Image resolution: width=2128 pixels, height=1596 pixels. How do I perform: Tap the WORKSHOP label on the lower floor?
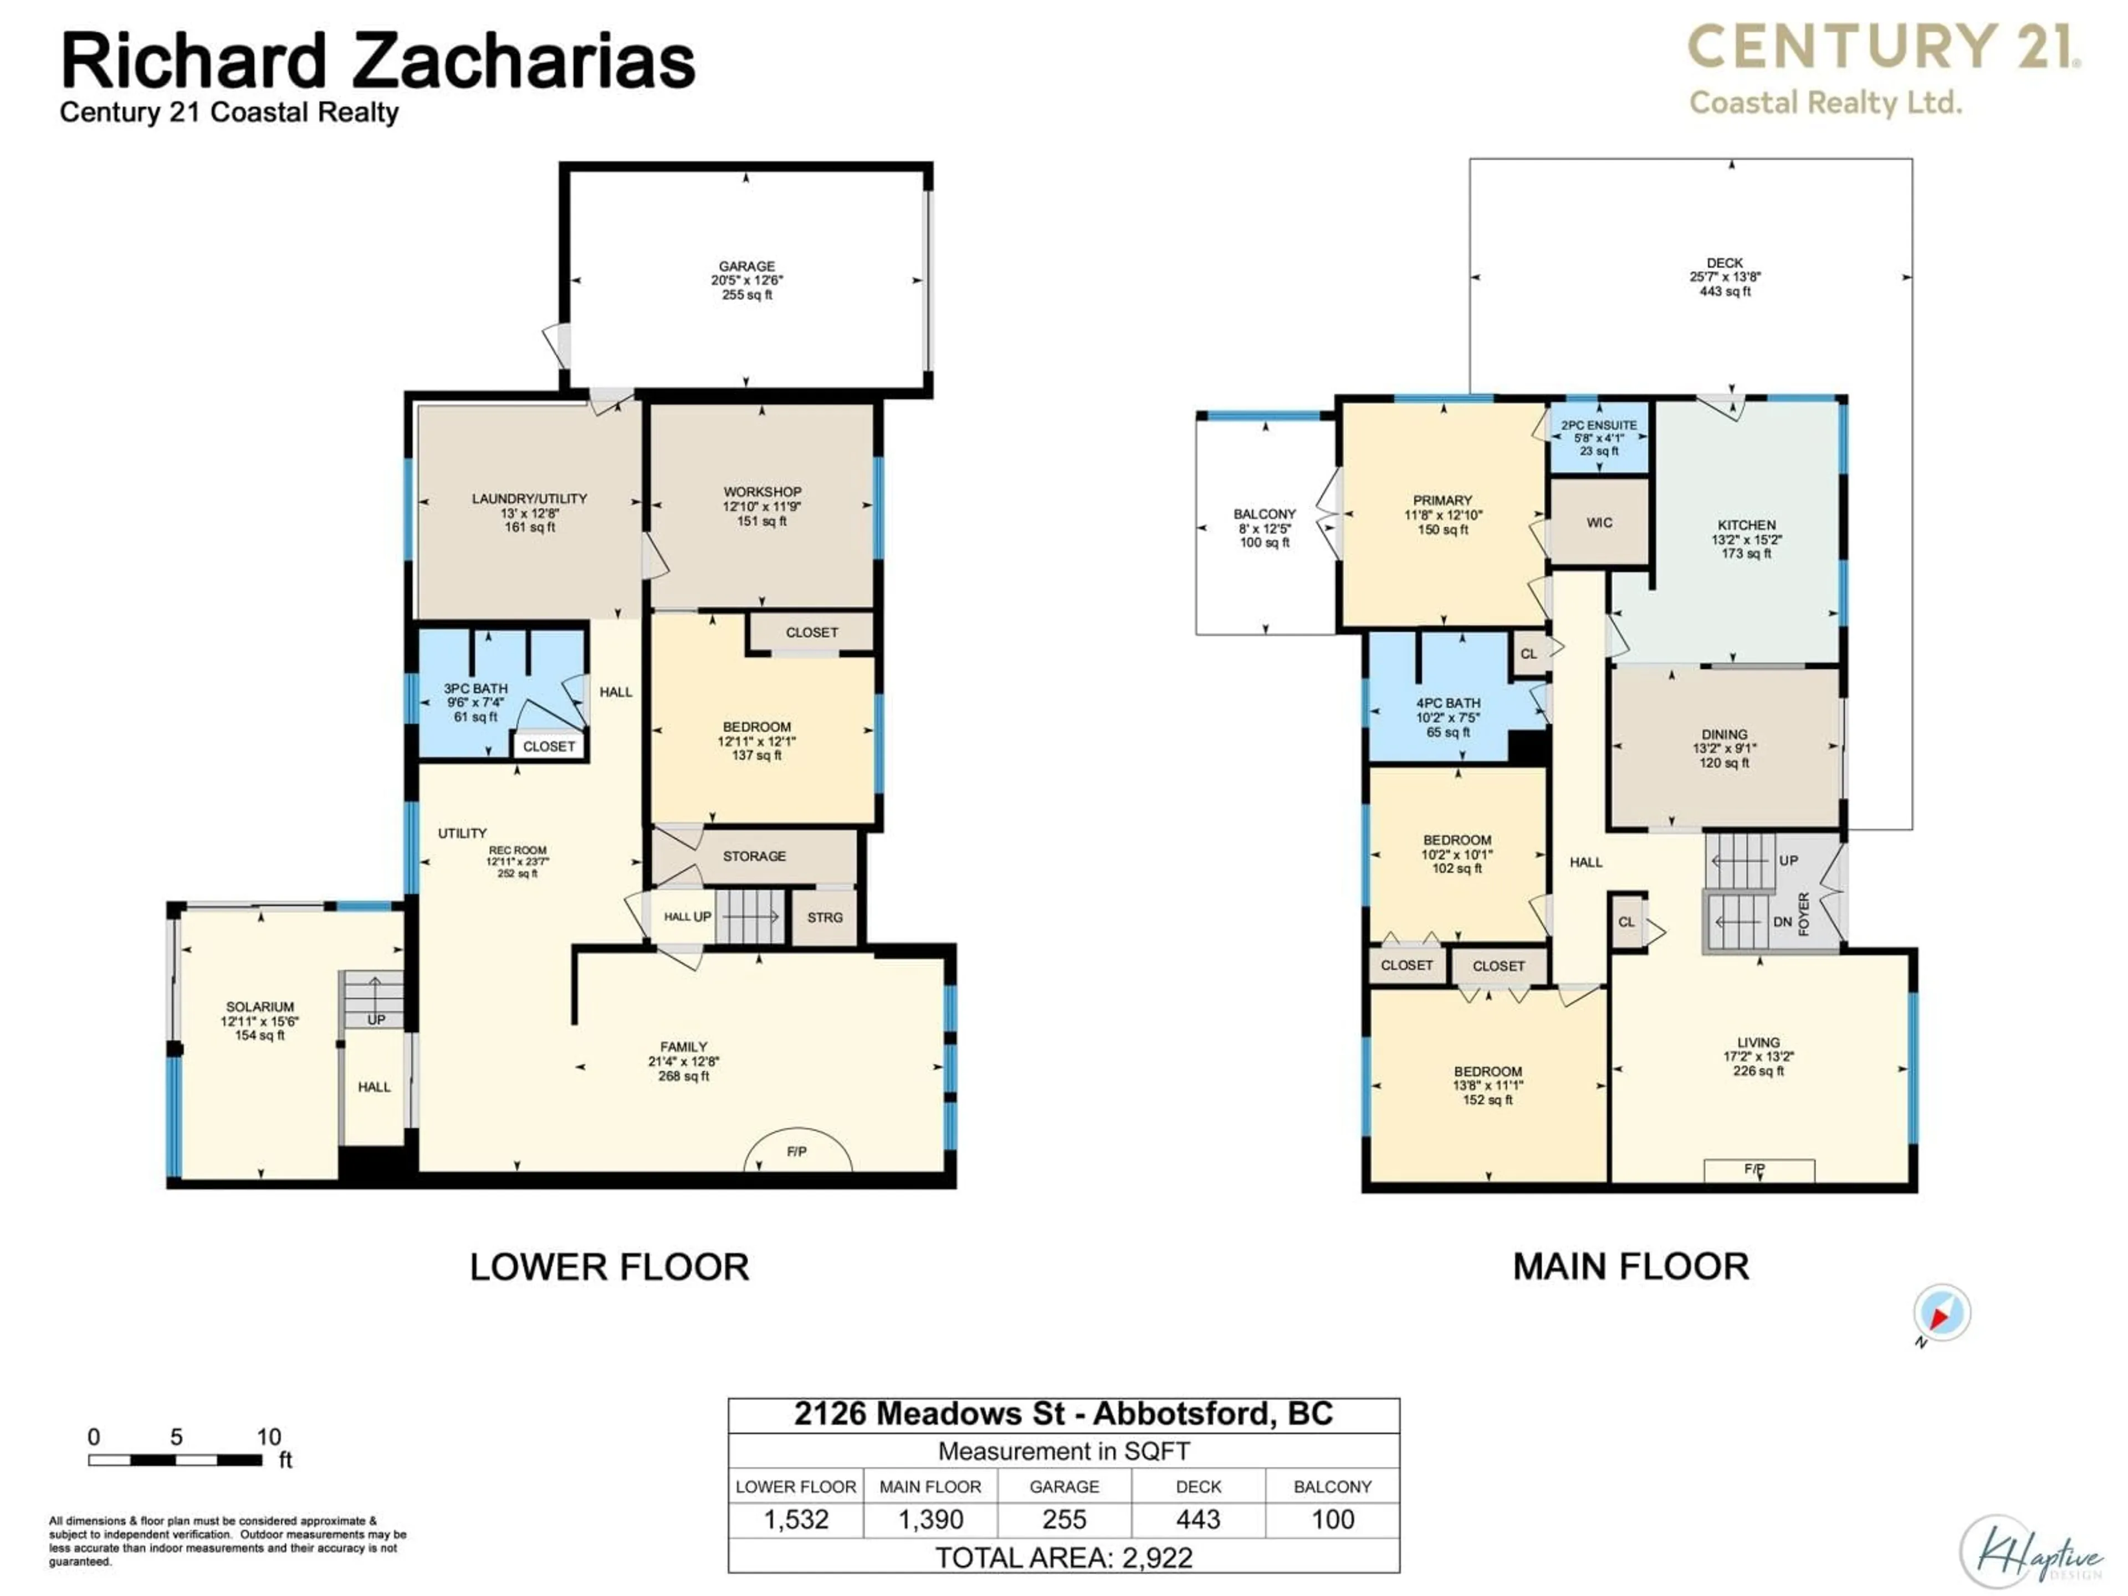click(762, 492)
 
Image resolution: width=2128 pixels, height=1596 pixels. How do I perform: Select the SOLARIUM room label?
click(260, 1006)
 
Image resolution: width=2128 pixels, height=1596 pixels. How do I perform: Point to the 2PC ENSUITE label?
click(1599, 425)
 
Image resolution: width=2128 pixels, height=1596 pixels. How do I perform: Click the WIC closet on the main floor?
click(1599, 523)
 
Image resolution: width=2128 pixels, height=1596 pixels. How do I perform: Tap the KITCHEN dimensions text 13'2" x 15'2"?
click(1746, 540)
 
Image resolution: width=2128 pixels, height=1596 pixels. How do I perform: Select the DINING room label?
click(1724, 734)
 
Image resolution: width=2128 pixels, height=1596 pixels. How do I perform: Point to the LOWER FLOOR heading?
click(609, 1267)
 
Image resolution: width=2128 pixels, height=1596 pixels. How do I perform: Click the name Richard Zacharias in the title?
click(377, 62)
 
